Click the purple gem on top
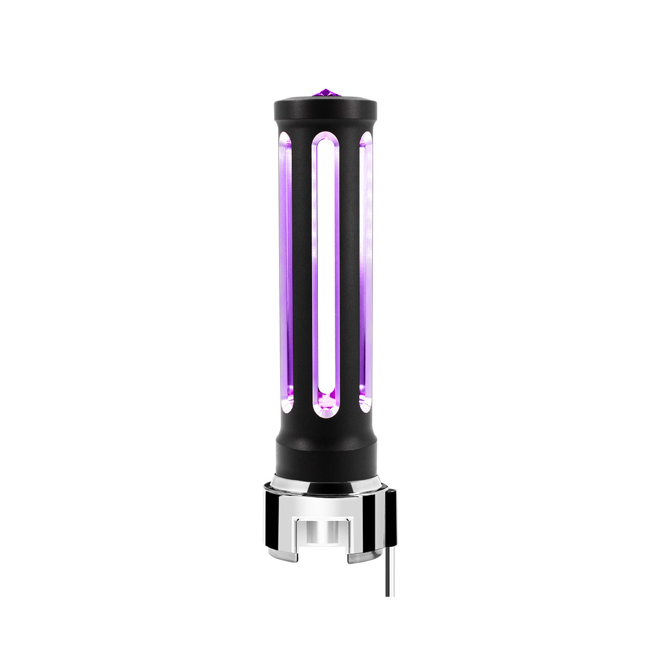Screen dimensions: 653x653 [x=326, y=93]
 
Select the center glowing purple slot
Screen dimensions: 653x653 [x=325, y=272]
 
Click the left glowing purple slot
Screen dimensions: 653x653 [x=286, y=272]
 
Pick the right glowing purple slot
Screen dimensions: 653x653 [x=366, y=272]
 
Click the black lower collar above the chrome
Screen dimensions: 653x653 [x=326, y=457]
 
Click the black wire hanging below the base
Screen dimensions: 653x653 [x=388, y=577]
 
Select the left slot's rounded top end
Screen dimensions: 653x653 [x=286, y=140]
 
